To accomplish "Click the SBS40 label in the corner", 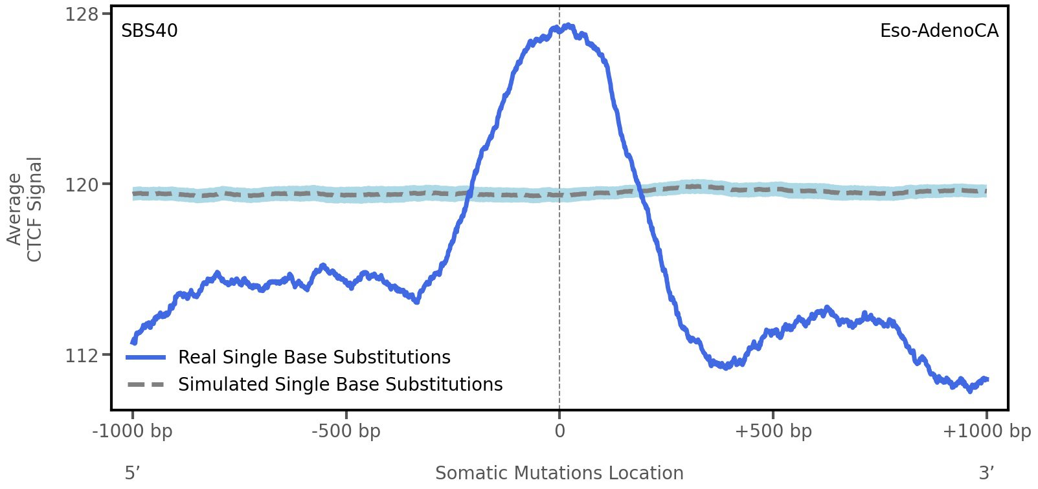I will coord(149,31).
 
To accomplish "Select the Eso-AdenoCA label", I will coord(938,31).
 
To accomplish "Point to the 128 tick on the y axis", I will coord(82,14).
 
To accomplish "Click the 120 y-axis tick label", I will coord(82,185).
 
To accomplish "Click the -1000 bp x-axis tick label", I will coord(133,431).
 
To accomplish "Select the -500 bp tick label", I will coord(346,431).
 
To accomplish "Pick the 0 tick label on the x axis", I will coord(559,431).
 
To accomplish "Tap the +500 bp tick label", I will coord(773,431).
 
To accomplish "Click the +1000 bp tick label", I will coord(986,431).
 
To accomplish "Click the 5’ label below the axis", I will coord(133,473).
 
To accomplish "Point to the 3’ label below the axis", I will coord(986,473).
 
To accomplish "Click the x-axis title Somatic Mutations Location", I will coord(559,473).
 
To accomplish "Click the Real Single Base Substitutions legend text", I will coord(314,357).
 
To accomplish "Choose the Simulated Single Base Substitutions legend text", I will coord(340,384).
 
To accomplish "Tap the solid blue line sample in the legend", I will coord(146,357).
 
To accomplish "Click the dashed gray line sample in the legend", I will coord(146,384).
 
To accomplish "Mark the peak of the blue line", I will coord(568,26).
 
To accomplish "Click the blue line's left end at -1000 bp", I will coord(133,342).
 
